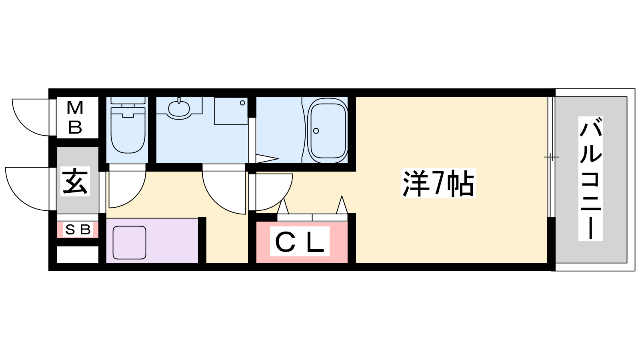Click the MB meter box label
75,118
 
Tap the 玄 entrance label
75,181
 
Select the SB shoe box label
78,230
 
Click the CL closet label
300,242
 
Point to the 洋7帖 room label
438,184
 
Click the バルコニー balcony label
591,178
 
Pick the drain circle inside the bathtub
316,131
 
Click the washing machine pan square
231,111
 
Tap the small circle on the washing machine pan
242,103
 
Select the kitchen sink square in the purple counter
129,242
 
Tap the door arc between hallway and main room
276,194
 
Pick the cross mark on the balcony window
551,157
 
